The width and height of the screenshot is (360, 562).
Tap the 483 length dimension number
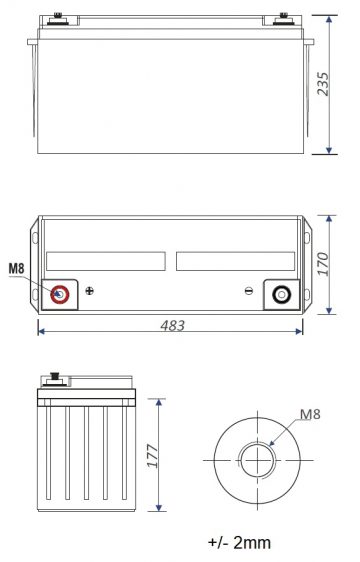click(x=174, y=326)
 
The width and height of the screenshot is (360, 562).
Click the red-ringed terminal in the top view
click(x=59, y=294)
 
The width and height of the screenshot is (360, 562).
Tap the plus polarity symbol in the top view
click(x=90, y=292)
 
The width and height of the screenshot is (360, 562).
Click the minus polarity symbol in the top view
click(x=249, y=292)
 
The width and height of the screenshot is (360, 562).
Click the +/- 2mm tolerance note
click(x=240, y=543)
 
